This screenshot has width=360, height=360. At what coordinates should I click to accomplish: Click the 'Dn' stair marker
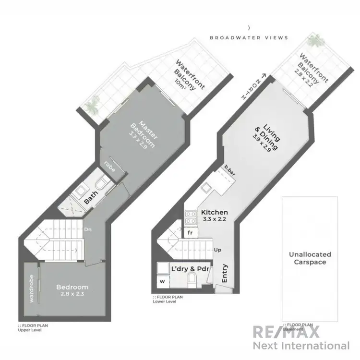click(88, 229)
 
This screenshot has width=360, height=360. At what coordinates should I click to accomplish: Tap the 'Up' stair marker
click(217, 250)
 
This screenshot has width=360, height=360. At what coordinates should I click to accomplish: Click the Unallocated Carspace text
click(310, 258)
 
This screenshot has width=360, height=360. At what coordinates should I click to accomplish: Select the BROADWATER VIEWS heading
click(249, 37)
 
